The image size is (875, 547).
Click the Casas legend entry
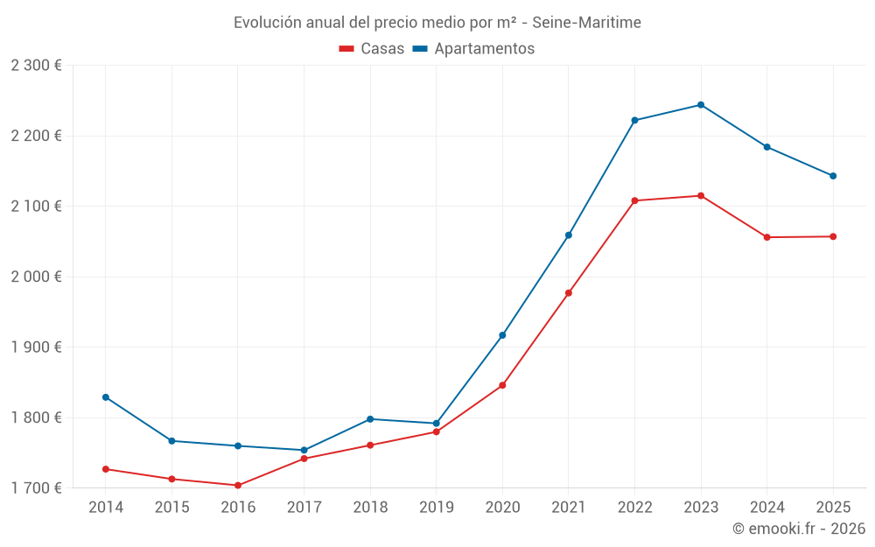pos(372,49)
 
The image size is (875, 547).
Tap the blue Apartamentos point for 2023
pos(700,105)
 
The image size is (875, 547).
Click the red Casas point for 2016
pos(238,486)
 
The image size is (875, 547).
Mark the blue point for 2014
pos(106,397)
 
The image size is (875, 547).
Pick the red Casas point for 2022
pos(634,201)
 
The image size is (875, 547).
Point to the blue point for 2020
pos(502,335)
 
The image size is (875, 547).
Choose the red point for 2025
pos(833,236)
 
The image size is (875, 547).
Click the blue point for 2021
pos(568,235)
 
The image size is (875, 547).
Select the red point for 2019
pos(436,431)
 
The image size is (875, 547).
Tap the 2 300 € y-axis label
pos(36,65)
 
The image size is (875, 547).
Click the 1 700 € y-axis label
pos(36,487)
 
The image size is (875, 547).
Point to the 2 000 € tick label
pos(36,277)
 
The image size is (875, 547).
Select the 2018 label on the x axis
pos(370,507)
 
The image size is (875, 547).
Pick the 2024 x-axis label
pos(766,507)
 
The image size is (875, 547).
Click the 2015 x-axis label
pos(171,507)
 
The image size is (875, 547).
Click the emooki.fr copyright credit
pos(798,529)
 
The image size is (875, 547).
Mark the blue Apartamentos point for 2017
pos(304,450)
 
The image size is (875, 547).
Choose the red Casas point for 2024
pos(766,237)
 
